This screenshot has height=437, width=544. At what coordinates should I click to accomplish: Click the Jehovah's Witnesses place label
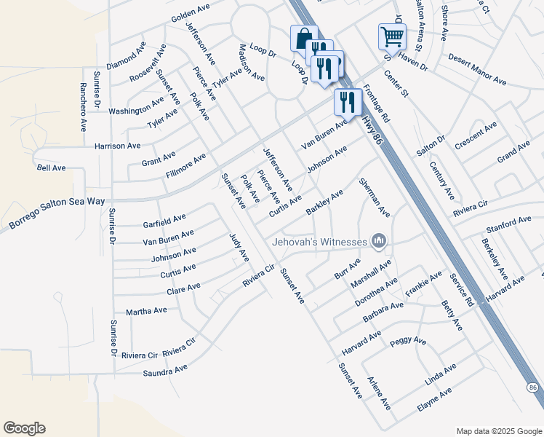point(319,242)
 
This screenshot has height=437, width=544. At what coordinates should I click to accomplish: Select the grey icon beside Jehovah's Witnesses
point(378,240)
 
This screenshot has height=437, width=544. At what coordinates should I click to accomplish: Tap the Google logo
point(24,428)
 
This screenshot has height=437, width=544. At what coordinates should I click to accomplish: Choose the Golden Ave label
point(191,17)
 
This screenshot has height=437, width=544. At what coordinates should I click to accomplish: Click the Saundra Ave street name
point(166,371)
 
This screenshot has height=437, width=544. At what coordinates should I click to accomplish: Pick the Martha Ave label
point(146,311)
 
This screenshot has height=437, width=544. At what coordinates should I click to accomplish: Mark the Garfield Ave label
point(164,218)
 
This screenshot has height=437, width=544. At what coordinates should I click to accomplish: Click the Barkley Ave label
point(324,202)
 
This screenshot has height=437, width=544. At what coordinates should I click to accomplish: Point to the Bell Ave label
point(51,168)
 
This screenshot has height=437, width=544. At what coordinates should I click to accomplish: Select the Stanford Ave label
point(508,223)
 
